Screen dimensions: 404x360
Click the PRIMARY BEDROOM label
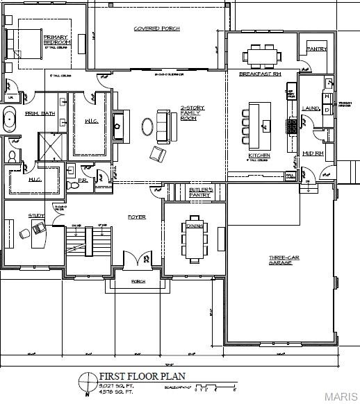click(x=56, y=40)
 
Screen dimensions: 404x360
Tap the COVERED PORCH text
click(x=156, y=28)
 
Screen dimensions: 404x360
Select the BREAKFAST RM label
click(x=259, y=74)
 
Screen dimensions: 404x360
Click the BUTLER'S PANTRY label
click(x=200, y=192)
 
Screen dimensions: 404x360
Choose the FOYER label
click(x=136, y=217)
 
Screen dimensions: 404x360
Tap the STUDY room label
click(x=36, y=215)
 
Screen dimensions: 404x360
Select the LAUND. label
click(x=311, y=108)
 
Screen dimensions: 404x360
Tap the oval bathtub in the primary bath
click(x=10, y=119)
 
